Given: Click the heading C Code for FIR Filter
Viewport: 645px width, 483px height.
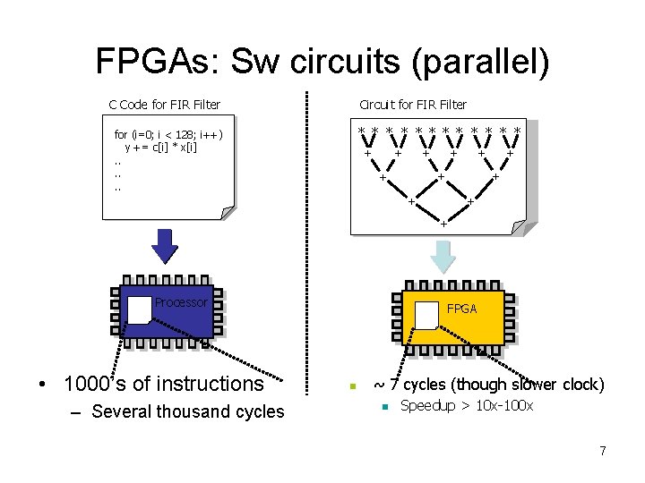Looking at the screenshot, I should point(165,105).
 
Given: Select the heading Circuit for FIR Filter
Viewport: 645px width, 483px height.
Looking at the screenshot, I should point(413,105).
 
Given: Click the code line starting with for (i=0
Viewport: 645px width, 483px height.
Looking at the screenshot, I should point(168,135).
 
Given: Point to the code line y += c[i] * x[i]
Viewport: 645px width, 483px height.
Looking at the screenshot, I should point(161,147).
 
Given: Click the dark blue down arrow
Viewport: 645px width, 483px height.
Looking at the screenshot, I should point(165,243).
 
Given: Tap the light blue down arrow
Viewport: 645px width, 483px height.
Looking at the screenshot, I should point(443,255).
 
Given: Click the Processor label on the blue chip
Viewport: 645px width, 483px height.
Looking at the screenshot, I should point(181,302).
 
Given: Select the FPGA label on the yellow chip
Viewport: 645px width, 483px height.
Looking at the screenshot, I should point(462,309).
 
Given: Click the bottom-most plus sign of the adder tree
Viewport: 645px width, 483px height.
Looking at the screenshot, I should point(442,223).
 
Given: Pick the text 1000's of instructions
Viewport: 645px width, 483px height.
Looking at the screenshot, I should point(164,384).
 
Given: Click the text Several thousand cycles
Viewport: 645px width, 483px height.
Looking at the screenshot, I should point(188,411).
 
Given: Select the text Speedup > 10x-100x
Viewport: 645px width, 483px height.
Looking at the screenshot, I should point(466,406).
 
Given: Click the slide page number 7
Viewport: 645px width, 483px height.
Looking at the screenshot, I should point(603,451).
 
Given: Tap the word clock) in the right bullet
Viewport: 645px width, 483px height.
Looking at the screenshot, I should point(583,385).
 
